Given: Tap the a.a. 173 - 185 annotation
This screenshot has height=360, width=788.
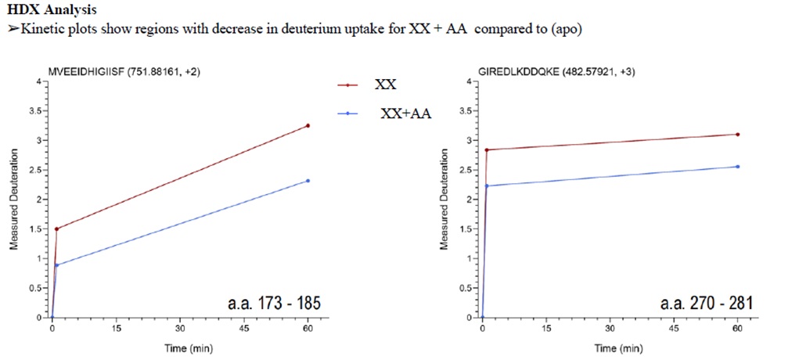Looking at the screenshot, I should (270, 302).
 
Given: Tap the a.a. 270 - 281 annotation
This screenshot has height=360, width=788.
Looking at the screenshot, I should (699, 302).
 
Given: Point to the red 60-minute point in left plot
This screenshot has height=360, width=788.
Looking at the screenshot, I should (308, 125).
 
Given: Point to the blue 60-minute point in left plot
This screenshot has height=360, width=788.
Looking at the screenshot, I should (308, 181).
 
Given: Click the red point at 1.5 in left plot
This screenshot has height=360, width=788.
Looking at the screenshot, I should (56, 229).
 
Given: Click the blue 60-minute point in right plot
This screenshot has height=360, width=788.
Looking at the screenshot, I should (737, 167).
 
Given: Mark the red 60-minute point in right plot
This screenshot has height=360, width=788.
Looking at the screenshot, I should (737, 135).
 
